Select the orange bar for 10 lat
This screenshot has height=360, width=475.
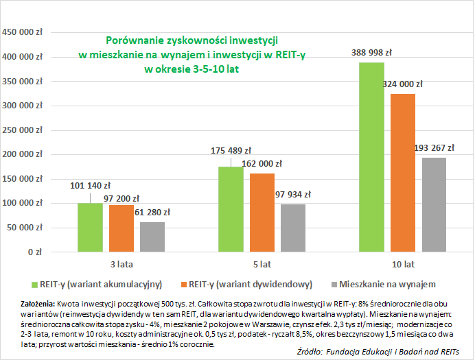tap(402, 173)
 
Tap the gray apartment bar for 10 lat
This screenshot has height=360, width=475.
tap(434, 205)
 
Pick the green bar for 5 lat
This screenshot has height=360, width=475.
tap(230, 209)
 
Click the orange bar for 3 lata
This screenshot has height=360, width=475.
tap(121, 228)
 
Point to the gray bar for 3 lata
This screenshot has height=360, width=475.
tap(152, 237)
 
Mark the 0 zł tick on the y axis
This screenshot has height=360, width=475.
tap(35, 252)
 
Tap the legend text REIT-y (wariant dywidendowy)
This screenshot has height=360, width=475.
tap(251, 283)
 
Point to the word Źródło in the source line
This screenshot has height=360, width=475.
tap(312, 350)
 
